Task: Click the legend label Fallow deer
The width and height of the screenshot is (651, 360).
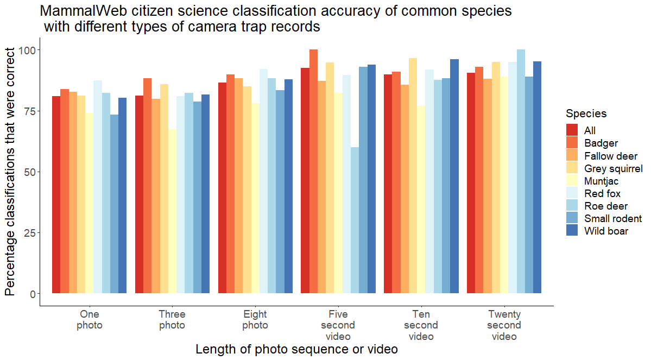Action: (x=611, y=156)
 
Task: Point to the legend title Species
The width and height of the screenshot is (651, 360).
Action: (x=586, y=113)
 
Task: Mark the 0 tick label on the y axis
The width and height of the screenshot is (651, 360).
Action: (x=32, y=294)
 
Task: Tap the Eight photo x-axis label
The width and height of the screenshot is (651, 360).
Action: (x=255, y=320)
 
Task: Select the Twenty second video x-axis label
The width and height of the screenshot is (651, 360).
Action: (x=504, y=325)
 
